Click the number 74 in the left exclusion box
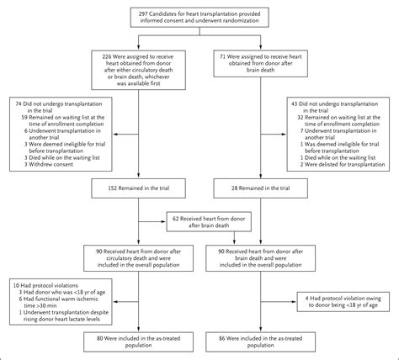point(19,105)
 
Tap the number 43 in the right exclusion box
point(294,105)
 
